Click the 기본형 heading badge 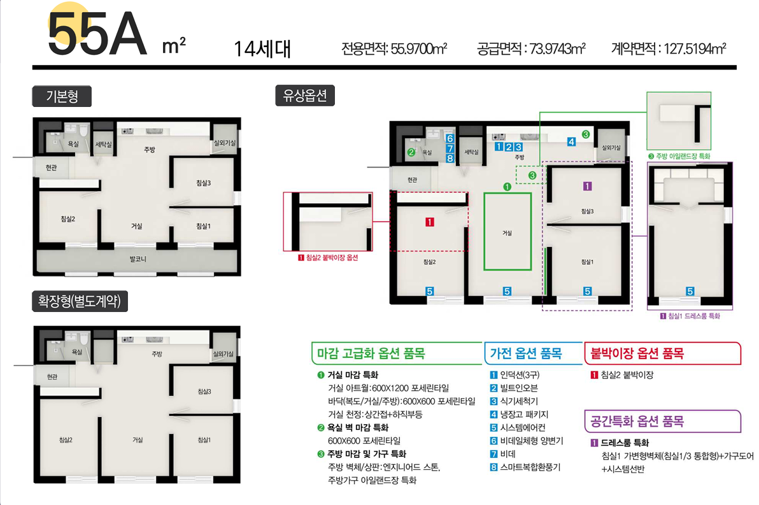tap(62, 96)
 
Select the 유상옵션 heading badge tap(305, 96)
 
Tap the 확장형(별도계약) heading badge tap(80, 301)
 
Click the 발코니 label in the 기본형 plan tap(138, 259)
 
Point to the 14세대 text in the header tap(262, 49)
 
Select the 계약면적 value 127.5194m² tap(695, 48)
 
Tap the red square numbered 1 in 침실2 tap(429, 222)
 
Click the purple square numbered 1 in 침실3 tap(587, 186)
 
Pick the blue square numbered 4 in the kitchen tap(572, 142)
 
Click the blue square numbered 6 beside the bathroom tap(450, 138)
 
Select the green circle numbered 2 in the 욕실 tap(411, 152)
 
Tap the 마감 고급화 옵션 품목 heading tap(371, 353)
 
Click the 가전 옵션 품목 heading tap(526, 353)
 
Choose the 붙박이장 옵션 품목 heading tap(637, 353)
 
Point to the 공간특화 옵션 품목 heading tap(637, 421)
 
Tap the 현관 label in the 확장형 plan tap(52, 376)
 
